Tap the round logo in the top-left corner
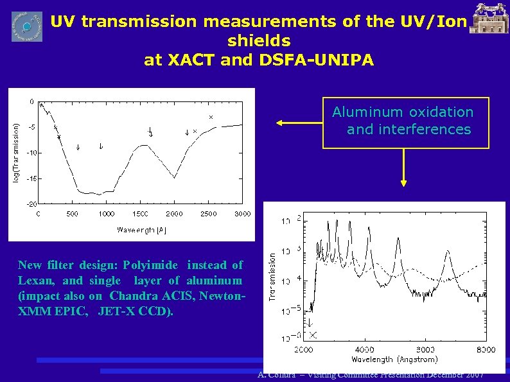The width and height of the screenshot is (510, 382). pyautogui.click(x=27, y=26)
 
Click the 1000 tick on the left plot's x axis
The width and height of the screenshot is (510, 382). pyautogui.click(x=107, y=214)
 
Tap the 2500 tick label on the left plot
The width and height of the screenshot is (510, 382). pyautogui.click(x=208, y=214)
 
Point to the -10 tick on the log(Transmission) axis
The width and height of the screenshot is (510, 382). pyautogui.click(x=31, y=153)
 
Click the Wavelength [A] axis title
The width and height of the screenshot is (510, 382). pyautogui.click(x=142, y=229)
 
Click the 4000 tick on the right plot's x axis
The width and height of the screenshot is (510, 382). pyautogui.click(x=364, y=350)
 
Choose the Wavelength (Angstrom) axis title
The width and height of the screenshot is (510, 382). pyautogui.click(x=395, y=360)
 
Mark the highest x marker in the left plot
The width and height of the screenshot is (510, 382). pyautogui.click(x=211, y=117)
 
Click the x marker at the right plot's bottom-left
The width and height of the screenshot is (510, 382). pyautogui.click(x=313, y=335)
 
